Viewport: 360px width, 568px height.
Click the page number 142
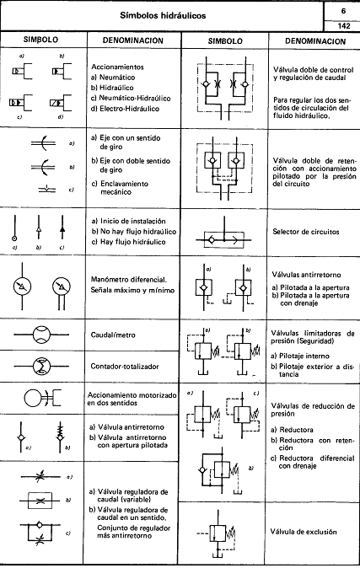(343, 26)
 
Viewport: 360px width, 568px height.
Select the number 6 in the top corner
(343, 9)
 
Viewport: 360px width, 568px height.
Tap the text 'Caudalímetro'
(115, 334)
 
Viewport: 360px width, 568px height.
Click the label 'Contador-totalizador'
(127, 367)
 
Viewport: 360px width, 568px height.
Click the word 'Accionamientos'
(117, 65)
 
